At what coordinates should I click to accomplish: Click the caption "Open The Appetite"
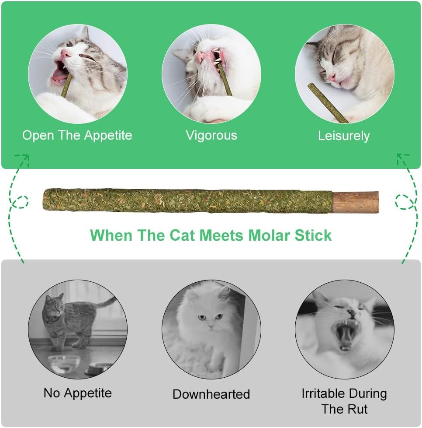(x=77, y=135)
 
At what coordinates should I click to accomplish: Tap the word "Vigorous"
(x=211, y=135)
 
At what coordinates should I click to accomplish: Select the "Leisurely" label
(x=344, y=136)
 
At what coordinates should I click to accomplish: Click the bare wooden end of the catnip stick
(x=355, y=202)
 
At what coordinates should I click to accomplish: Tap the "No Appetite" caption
(x=78, y=393)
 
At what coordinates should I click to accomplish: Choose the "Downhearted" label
(x=211, y=394)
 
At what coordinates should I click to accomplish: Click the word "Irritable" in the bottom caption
(x=323, y=393)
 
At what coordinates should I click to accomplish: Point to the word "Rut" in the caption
(x=358, y=409)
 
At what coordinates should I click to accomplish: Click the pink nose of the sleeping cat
(x=332, y=77)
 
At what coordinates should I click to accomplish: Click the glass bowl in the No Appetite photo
(x=64, y=363)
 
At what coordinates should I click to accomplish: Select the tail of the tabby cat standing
(x=107, y=302)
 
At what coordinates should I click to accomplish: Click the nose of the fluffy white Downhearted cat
(x=210, y=326)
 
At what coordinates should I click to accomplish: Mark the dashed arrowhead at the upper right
(x=402, y=158)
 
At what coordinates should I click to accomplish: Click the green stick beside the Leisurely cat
(x=328, y=103)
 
